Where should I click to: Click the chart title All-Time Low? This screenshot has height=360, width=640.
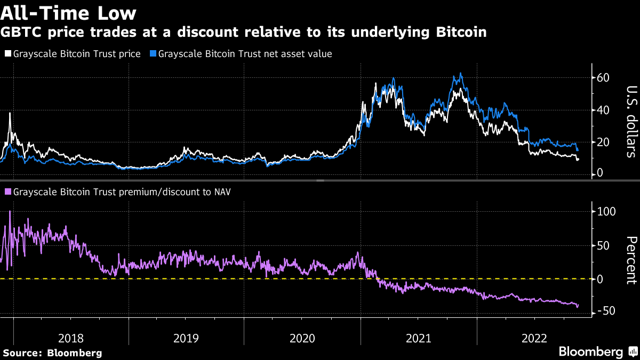68,12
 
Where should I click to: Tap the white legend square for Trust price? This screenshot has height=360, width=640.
7,54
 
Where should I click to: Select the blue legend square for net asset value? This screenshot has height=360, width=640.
154,54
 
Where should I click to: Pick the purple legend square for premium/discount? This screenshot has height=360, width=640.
7,191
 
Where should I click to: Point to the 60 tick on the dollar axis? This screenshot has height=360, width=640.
604,78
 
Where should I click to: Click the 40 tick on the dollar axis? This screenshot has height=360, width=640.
604,110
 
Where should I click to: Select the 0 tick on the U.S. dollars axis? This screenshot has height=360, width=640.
600,173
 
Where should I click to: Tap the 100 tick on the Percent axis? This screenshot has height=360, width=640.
606,211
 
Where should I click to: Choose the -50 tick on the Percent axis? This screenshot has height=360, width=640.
606,310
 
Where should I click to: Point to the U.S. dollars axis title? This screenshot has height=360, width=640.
631,122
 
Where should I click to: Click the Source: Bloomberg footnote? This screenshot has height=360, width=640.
52,353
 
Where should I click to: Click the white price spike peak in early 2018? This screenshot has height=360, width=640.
10,113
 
